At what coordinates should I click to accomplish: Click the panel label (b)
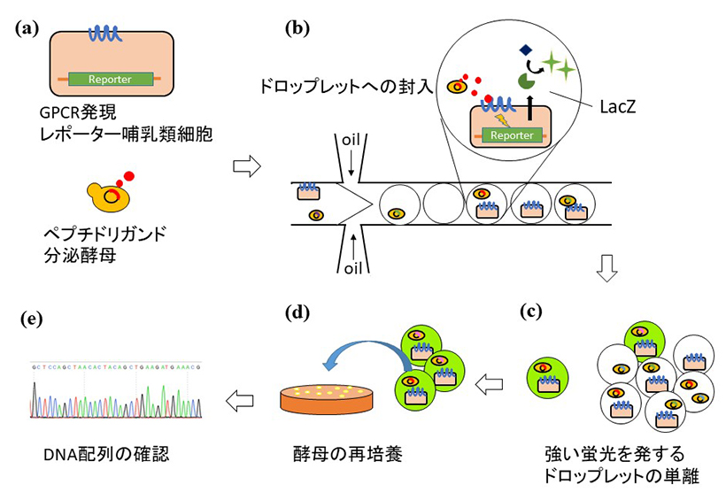click(297, 27)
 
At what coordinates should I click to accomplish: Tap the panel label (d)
click(297, 312)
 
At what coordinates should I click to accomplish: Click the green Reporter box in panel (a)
click(110, 79)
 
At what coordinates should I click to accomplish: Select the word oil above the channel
click(351, 139)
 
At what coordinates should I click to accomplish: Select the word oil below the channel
click(351, 268)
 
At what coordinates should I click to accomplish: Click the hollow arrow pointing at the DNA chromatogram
click(238, 401)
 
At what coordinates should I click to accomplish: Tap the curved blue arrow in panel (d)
click(364, 358)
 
